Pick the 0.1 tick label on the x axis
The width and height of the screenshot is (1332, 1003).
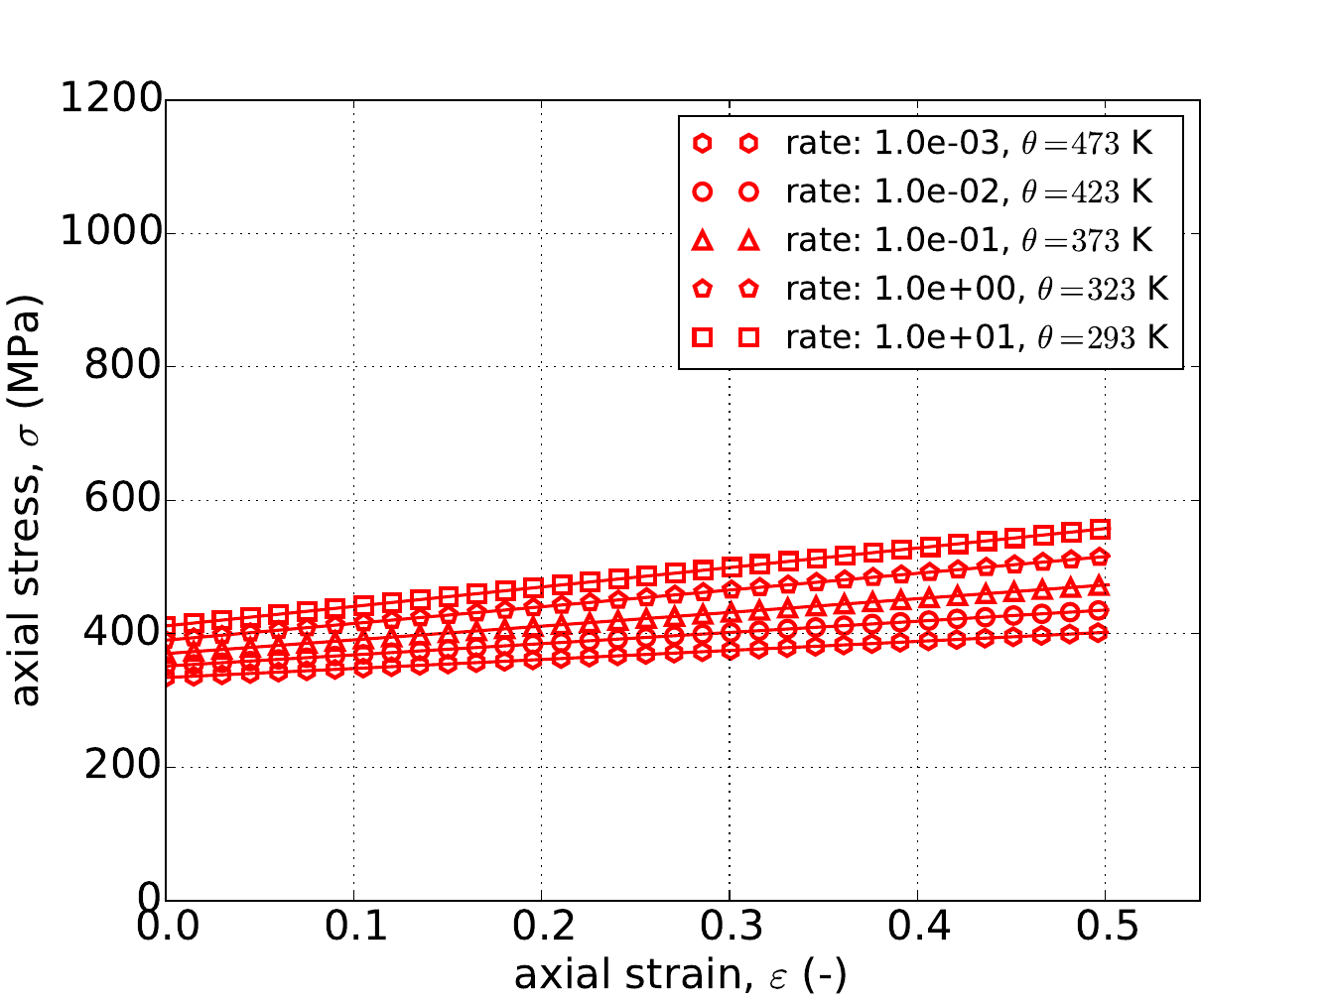click(353, 927)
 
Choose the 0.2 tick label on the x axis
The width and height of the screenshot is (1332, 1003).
click(541, 927)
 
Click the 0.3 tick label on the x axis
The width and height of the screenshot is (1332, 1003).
click(730, 927)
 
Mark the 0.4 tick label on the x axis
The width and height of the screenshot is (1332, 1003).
click(917, 927)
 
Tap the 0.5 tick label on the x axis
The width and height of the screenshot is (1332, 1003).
click(1105, 927)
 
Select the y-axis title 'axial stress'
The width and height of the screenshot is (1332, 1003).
click(28, 500)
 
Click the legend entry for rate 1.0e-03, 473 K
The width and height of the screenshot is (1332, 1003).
click(969, 144)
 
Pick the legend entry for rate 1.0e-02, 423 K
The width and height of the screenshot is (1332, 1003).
click(969, 191)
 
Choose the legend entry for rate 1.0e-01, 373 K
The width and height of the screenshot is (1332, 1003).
click(969, 240)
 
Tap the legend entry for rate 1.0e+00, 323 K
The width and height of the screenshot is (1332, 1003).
click(977, 289)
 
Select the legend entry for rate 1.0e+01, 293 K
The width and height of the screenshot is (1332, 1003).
click(977, 337)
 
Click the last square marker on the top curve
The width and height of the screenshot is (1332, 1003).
click(1100, 529)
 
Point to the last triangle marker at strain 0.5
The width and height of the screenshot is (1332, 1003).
click(1100, 585)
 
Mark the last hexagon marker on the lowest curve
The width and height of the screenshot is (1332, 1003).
click(1099, 633)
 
